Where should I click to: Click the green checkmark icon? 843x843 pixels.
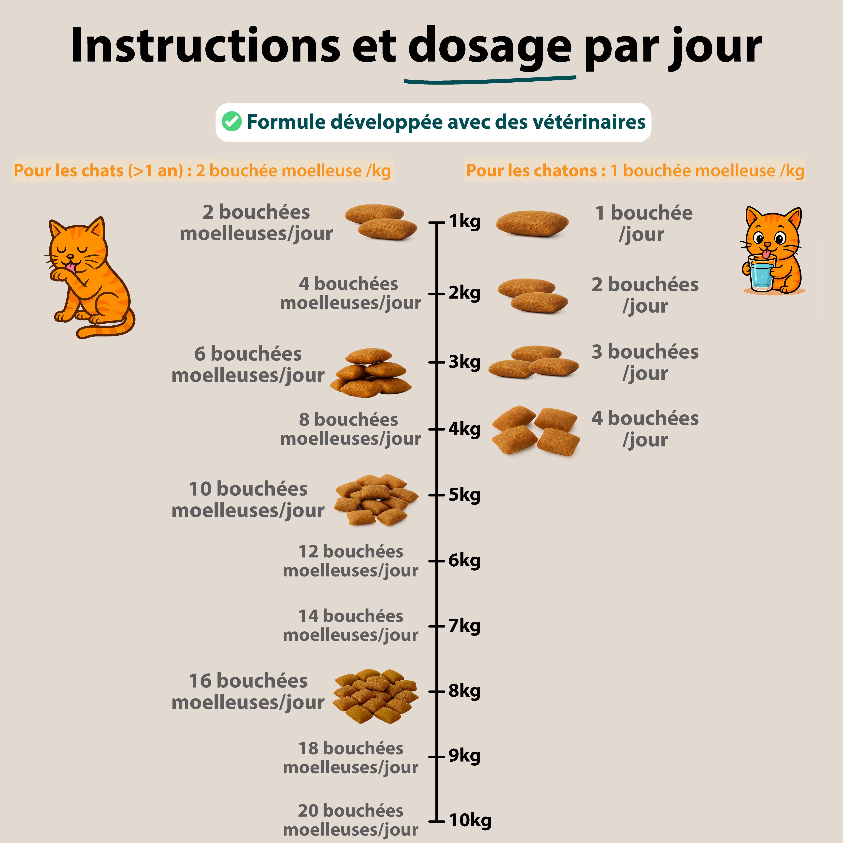click(231, 122)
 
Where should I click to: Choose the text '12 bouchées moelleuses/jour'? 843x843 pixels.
click(350, 561)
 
